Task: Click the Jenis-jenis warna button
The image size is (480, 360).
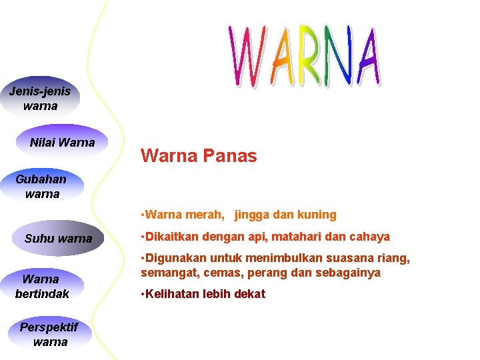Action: point(40,99)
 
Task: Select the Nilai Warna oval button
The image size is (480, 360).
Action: point(62,142)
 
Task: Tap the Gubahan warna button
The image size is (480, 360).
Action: point(41,186)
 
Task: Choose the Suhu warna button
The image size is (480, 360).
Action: point(58,238)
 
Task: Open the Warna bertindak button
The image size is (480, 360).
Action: point(41,286)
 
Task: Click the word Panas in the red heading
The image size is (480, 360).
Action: point(230,156)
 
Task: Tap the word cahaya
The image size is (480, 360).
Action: point(370,237)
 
